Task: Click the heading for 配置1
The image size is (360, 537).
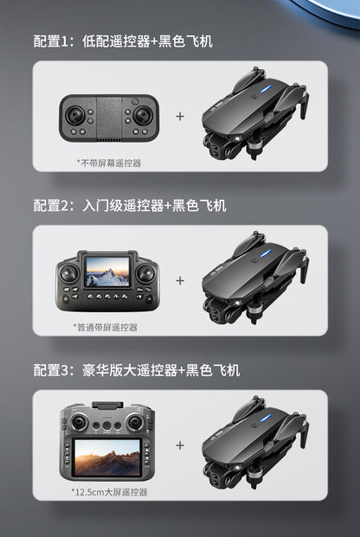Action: pyautogui.click(x=123, y=41)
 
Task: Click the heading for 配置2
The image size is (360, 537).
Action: pyautogui.click(x=130, y=205)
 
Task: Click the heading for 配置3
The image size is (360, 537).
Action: pyautogui.click(x=137, y=370)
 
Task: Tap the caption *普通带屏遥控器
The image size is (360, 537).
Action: pyautogui.click(x=106, y=327)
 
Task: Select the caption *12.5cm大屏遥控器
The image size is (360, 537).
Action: pyautogui.click(x=110, y=491)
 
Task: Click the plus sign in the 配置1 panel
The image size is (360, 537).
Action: pyautogui.click(x=180, y=116)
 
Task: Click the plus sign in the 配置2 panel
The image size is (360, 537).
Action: pyautogui.click(x=180, y=280)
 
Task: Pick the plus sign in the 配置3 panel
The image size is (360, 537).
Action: pyautogui.click(x=180, y=445)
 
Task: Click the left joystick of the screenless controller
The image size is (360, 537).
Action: pyautogui.click(x=75, y=113)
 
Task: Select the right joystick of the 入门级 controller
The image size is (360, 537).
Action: pyautogui.click(x=145, y=274)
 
